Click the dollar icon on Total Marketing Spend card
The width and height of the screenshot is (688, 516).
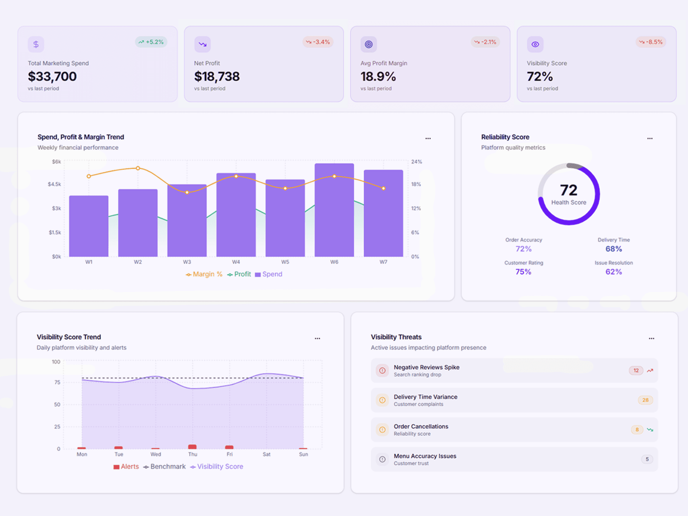36,44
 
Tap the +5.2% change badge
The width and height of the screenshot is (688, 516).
151,42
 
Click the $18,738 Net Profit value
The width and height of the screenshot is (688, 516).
217,76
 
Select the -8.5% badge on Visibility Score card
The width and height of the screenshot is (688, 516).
651,42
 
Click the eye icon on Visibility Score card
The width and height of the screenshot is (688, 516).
535,44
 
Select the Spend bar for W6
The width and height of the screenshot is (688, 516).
334,211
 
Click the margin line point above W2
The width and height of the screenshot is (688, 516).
138,168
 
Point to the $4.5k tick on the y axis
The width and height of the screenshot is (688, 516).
54,184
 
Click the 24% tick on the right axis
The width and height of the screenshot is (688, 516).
416,162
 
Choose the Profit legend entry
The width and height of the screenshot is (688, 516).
239,274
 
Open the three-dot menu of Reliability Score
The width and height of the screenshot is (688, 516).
650,138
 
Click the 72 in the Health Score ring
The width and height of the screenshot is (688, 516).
568,190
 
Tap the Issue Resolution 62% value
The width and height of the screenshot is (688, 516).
613,272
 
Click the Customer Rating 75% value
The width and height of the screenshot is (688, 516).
523,272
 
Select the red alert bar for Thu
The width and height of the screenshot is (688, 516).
192,446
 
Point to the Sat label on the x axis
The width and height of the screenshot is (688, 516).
266,454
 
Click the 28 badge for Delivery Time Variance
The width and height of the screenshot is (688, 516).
645,400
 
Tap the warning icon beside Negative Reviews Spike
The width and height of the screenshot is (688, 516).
382,371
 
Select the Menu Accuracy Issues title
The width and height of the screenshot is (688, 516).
425,456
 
